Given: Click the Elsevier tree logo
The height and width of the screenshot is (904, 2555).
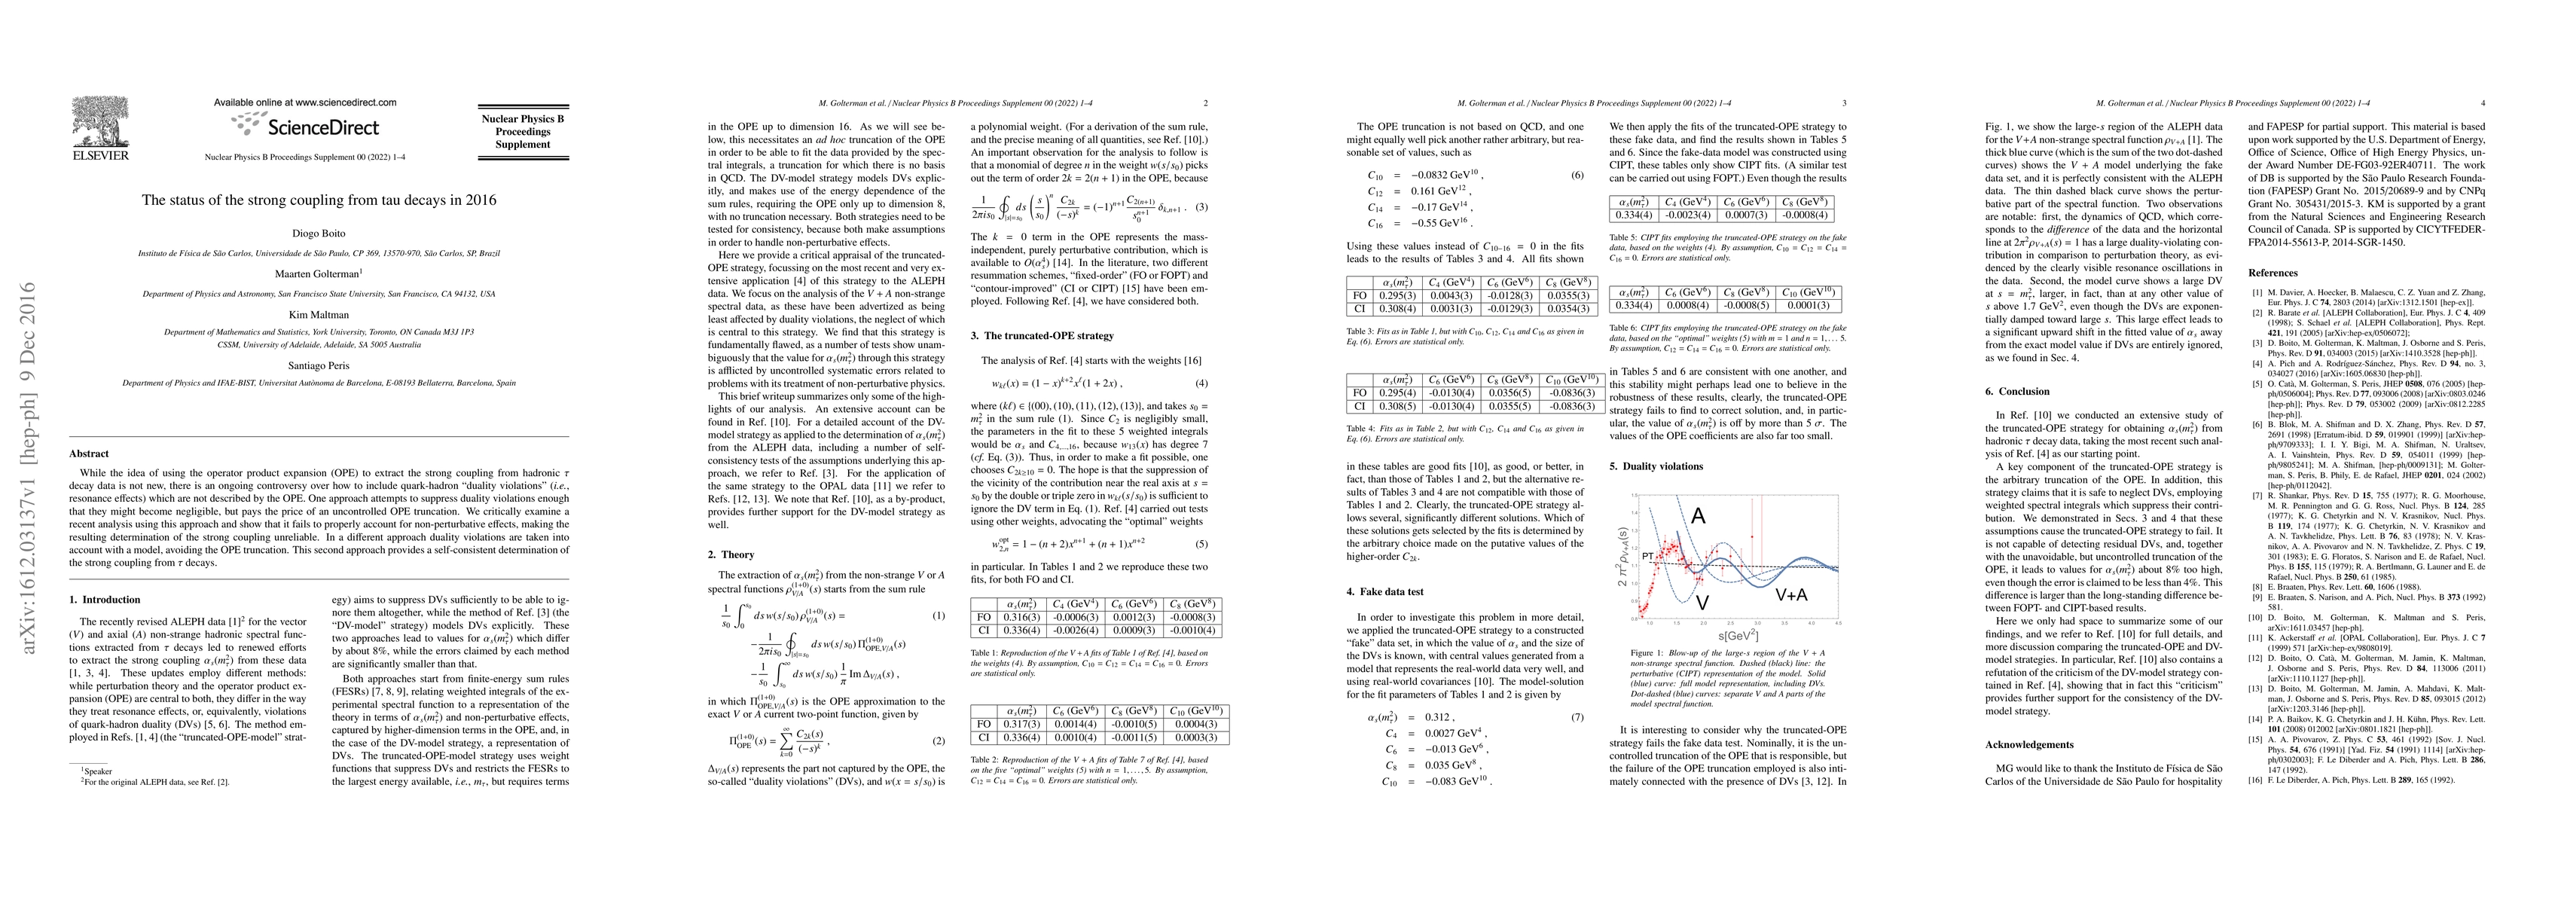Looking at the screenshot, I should [x=99, y=122].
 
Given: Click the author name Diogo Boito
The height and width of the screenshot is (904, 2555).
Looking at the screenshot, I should [x=319, y=234].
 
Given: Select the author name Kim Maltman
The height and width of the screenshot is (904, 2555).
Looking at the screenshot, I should [x=319, y=315].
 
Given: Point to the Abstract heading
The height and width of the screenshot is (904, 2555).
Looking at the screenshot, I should [x=90, y=454].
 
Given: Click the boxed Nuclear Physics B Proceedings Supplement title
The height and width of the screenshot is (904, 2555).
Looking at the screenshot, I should [x=523, y=132].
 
